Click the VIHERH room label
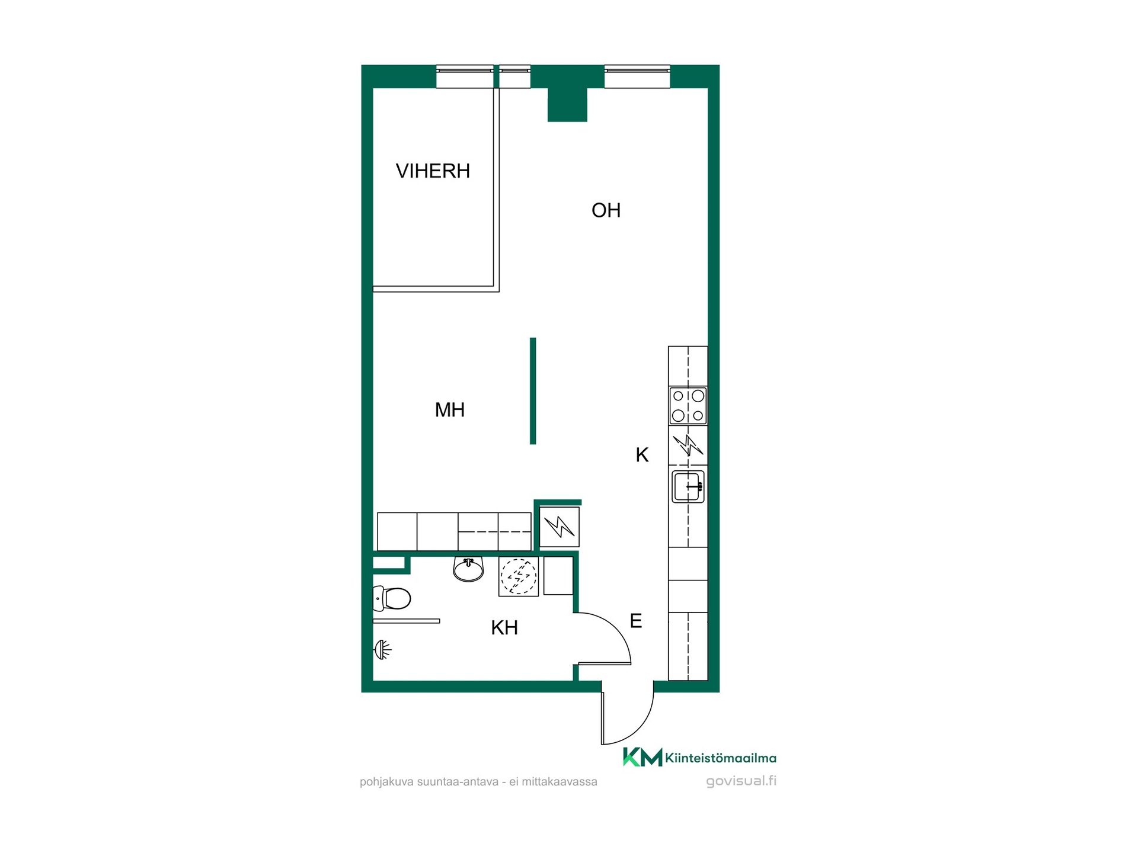click(433, 171)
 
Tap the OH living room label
click(606, 210)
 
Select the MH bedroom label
click(450, 410)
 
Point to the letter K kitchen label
click(642, 455)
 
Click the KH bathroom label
click(504, 628)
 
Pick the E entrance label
click(635, 621)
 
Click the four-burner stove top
click(688, 405)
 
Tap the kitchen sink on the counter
click(688, 486)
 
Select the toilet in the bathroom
click(392, 599)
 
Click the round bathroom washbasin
click(468, 569)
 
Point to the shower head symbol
click(383, 650)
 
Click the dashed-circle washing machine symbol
click(519, 576)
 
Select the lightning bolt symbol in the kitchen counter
click(688, 445)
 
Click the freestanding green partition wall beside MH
click(533, 391)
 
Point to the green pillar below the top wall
click(567, 105)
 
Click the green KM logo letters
click(642, 757)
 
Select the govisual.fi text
click(741, 781)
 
